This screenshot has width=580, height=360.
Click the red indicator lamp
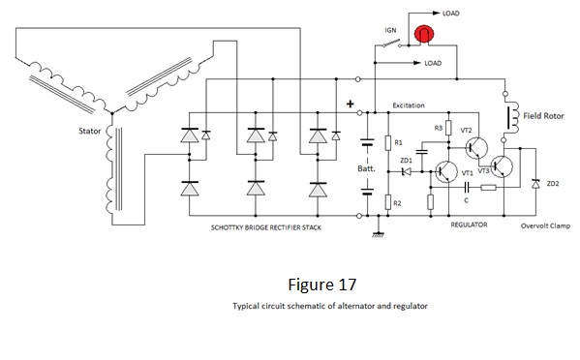(x=423, y=34)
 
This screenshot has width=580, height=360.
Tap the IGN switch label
(x=390, y=30)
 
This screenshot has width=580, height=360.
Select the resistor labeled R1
(x=388, y=142)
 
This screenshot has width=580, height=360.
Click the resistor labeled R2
(x=388, y=202)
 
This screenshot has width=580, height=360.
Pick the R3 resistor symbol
(x=448, y=128)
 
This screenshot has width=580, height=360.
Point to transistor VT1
(x=446, y=171)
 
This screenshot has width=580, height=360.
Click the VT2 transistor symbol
(x=476, y=148)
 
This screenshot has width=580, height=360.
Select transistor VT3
(x=502, y=166)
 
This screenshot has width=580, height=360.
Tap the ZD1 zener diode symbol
(x=406, y=171)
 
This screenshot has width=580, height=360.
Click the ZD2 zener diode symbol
(x=535, y=183)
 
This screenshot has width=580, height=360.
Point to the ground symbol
(x=378, y=233)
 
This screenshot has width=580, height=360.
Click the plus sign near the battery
(x=350, y=104)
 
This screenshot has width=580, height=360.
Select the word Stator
(x=89, y=131)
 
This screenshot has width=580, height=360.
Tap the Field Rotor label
(x=543, y=116)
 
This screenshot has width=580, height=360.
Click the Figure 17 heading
(x=322, y=285)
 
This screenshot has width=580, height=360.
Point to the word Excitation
(x=409, y=105)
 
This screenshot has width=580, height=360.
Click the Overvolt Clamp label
(x=545, y=225)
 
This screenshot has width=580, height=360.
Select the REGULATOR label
(x=469, y=225)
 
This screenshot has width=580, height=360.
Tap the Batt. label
(x=366, y=168)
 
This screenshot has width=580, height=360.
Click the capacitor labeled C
(x=467, y=188)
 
